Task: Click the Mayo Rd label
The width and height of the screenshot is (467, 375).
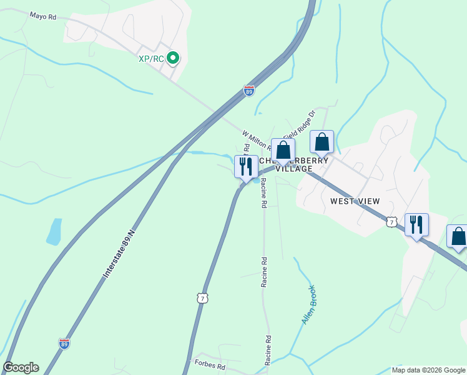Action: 43,16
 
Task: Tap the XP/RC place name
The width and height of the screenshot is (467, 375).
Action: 150,59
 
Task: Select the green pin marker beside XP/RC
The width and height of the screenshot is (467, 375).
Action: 174,59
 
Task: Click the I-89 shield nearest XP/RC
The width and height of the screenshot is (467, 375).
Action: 249,91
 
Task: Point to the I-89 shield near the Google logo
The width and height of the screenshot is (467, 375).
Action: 64,343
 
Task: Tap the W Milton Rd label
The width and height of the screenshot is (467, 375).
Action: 256,141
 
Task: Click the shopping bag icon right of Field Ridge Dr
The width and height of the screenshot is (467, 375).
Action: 322,142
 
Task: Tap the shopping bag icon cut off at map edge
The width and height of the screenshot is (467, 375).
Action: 459,237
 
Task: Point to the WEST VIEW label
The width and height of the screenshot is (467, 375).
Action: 355,201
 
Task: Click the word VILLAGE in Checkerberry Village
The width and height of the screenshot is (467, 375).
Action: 293,169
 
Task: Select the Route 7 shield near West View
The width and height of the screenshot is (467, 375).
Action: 391,221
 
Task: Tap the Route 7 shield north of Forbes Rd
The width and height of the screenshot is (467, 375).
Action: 202,298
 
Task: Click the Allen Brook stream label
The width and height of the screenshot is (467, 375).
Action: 308,304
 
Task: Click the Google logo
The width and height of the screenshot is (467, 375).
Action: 21,367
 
